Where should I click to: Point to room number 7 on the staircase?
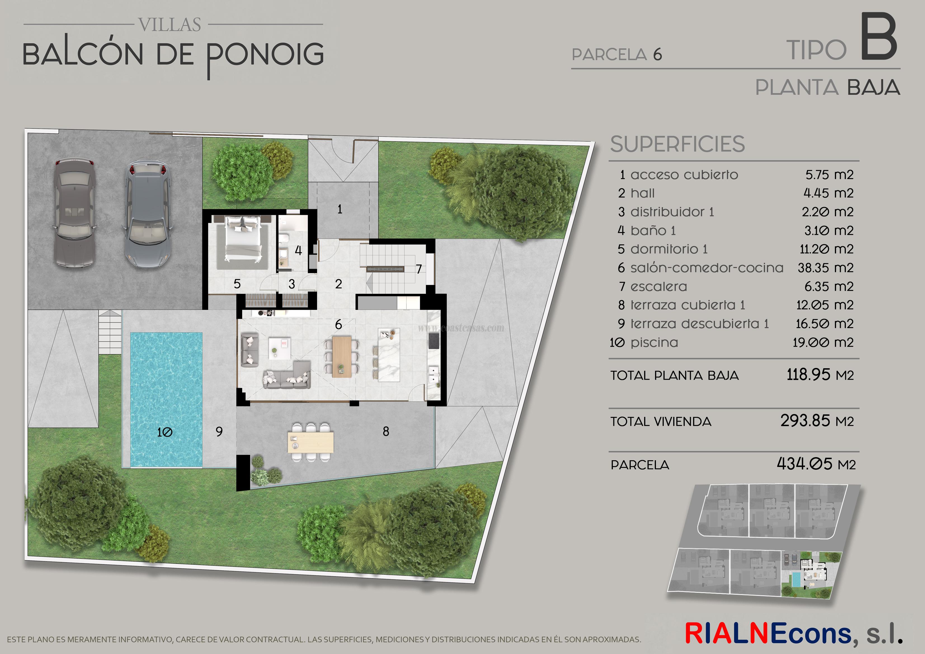tap(419, 269)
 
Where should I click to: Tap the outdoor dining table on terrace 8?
tap(310, 442)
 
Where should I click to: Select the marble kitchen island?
tap(389, 354)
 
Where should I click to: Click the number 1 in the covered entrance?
tap(340, 209)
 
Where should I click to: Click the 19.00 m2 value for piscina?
tap(823, 343)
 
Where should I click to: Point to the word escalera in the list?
tap(659, 287)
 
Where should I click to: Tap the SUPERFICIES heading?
tap(677, 144)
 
